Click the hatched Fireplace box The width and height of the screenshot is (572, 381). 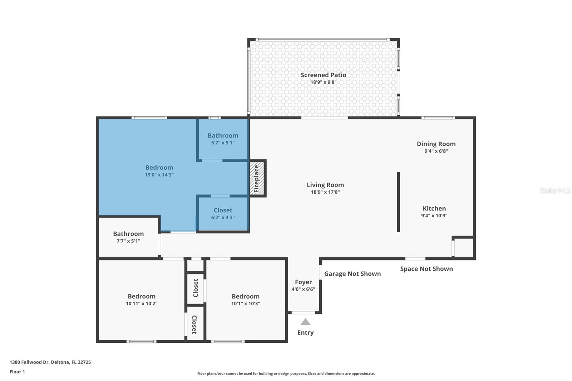click(x=257, y=178)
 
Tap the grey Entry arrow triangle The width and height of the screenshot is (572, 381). click(x=305, y=322)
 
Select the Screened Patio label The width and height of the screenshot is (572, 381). click(x=323, y=75)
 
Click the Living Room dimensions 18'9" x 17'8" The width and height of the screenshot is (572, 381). click(x=325, y=192)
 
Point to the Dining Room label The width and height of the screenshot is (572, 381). click(x=436, y=144)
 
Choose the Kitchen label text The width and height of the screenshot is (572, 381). click(x=434, y=209)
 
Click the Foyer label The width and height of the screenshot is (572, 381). click(x=303, y=282)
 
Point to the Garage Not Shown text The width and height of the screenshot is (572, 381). click(x=352, y=274)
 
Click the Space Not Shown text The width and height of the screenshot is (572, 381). click(x=426, y=269)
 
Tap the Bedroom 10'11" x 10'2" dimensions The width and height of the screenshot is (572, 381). click(x=142, y=304)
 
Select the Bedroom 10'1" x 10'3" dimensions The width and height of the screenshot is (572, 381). click(x=245, y=304)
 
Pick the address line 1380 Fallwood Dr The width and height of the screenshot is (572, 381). click(x=50, y=362)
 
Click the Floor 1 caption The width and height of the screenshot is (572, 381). click(x=17, y=372)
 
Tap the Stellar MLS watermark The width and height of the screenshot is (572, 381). click(x=555, y=190)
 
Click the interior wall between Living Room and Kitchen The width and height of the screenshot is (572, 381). click(x=398, y=202)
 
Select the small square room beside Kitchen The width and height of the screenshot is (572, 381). click(x=464, y=248)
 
